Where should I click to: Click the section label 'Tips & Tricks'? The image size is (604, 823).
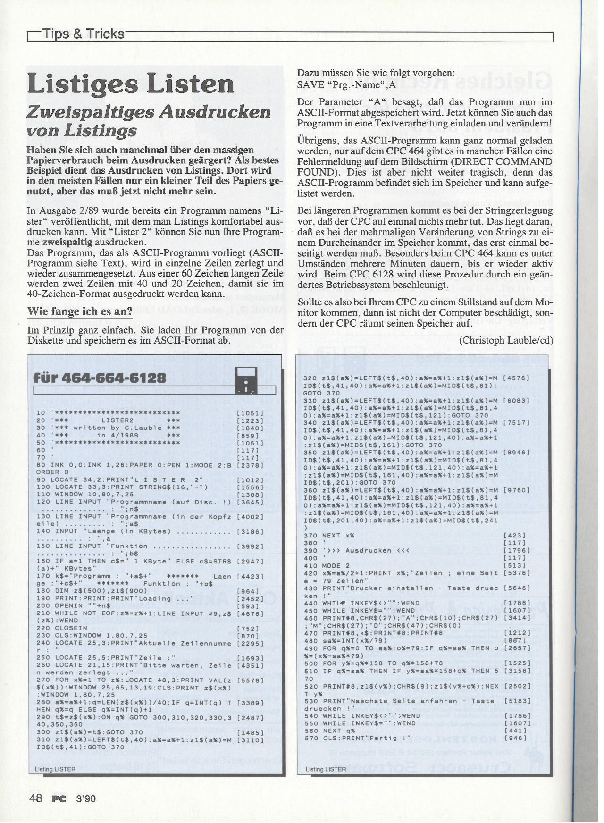point(83,34)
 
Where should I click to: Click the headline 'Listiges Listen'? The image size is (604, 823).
point(131,84)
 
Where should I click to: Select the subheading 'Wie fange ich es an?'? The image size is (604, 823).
point(80,311)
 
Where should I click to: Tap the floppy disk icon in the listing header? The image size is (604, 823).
point(246,380)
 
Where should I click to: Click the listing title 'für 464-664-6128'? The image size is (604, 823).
point(100,378)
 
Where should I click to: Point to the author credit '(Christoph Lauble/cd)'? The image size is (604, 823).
point(506,340)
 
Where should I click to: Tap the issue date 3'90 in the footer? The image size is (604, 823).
point(85,798)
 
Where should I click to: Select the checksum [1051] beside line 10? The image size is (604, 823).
point(249,413)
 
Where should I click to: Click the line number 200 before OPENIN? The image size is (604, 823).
point(43,605)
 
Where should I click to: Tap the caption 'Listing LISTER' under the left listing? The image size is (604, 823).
point(55,769)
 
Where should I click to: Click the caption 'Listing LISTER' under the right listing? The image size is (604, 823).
point(326,769)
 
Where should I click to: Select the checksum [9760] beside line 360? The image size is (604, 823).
point(516,490)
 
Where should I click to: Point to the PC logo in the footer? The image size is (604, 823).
point(59,798)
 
